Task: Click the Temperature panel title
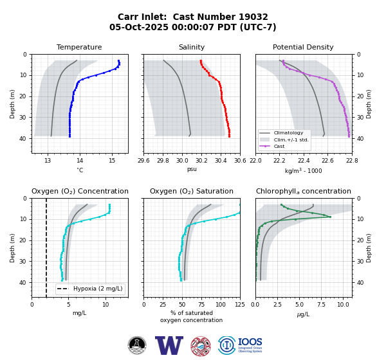[79, 47]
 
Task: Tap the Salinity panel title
[192, 47]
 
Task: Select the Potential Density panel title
[303, 47]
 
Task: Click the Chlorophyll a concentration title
[304, 191]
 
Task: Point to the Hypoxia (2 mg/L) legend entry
[90, 289]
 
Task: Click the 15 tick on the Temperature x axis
[112, 161]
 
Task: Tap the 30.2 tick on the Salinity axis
[201, 161]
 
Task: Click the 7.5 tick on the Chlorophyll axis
[321, 305]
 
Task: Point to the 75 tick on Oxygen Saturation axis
[201, 305]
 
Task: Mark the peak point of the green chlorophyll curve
[330, 217]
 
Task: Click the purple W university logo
[169, 345]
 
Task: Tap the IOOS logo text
[250, 342]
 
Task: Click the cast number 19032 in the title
[253, 17]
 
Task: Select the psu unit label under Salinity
[192, 169]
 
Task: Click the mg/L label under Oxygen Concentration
[79, 313]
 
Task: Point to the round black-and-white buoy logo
[137, 345]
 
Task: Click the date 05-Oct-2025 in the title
[139, 27]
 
